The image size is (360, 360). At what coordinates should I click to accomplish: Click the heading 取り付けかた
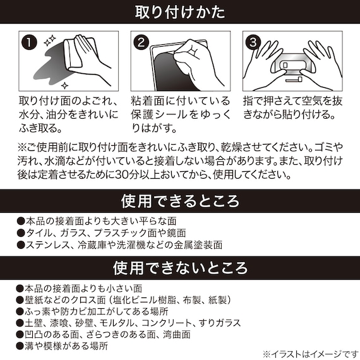click(x=180, y=11)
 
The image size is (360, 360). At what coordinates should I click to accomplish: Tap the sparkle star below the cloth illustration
click(x=65, y=83)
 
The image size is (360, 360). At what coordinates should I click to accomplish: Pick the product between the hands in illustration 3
click(x=293, y=66)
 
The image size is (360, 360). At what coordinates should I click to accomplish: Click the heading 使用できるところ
click(x=180, y=201)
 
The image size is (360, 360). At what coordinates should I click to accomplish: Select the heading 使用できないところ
click(x=180, y=267)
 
